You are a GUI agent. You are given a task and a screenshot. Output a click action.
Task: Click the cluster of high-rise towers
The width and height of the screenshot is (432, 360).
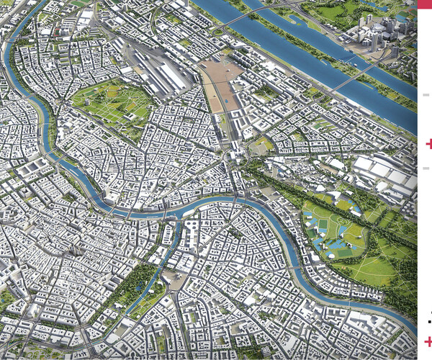tap(378, 32)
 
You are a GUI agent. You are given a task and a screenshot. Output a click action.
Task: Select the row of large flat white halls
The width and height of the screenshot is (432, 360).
tap(382, 173)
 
